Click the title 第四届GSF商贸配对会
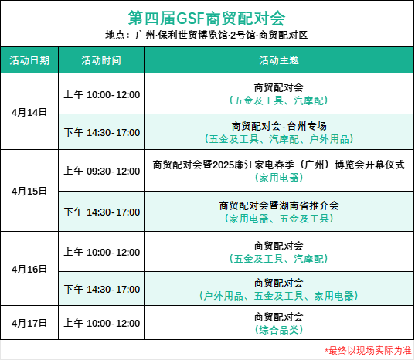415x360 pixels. pos(206,18)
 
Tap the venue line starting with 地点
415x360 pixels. pos(206,35)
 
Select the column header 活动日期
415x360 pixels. pos(29,60)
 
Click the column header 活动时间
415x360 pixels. pos(101,60)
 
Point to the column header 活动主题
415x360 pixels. pos(279,60)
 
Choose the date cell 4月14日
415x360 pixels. pos(29,112)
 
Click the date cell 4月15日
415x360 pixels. pos(29,191)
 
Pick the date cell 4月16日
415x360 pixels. pos(29,269)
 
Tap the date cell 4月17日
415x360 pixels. pos(29,323)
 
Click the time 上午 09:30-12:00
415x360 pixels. pos(102,171)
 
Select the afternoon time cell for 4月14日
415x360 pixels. pos(102,132)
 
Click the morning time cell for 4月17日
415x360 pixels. pos(102,323)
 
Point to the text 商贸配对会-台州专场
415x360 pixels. pos(279,126)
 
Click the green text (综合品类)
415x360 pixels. pos(279,330)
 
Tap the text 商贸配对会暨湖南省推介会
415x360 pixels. pos(279,205)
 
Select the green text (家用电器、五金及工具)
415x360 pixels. pos(279,219)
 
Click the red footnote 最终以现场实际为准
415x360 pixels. pos(368,351)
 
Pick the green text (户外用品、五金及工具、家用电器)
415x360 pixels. pos(279,296)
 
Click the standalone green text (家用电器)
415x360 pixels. pos(279,178)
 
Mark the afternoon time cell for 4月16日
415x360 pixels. pos(102,289)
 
